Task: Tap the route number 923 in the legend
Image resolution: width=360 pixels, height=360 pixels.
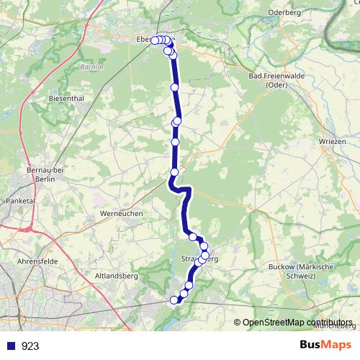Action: tap(30, 346)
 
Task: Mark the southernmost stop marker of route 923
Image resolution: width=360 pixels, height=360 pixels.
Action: tap(173, 300)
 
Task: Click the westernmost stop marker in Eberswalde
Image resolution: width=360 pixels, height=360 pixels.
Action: tap(154, 40)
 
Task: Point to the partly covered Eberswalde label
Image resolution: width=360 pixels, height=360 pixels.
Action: tap(145, 40)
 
